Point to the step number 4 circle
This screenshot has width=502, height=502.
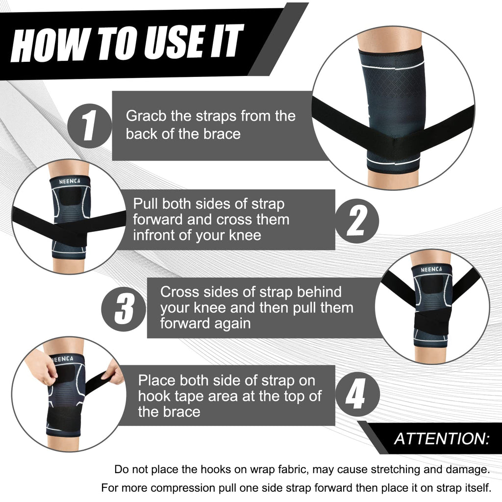coord(356,396)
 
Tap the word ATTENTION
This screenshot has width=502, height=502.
coord(442,438)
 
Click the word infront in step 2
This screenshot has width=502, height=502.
coord(157,235)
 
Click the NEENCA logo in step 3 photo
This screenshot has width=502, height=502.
coord(430,269)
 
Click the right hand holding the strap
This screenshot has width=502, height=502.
coord(113,375)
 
